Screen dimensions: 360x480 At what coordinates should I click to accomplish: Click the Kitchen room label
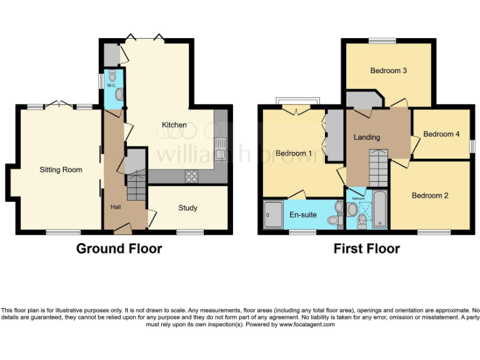pyautogui.click(x=174, y=125)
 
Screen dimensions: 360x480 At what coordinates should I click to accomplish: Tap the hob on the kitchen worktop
pyautogui.click(x=191, y=176)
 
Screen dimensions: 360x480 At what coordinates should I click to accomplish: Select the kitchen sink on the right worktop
pyautogui.click(x=220, y=149)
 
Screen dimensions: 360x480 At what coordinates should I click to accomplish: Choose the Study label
pyautogui.click(x=187, y=208)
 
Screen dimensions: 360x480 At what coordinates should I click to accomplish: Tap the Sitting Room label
pyautogui.click(x=61, y=169)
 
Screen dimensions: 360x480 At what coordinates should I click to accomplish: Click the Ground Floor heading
pyautogui.click(x=119, y=249)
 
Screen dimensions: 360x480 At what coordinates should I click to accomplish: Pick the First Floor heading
pyautogui.click(x=366, y=249)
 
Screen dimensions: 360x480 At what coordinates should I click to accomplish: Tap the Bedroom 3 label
pyautogui.click(x=389, y=71)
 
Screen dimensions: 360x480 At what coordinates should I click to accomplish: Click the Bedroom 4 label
pyautogui.click(x=441, y=134)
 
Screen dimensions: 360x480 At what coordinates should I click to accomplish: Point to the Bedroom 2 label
pyautogui.click(x=430, y=196)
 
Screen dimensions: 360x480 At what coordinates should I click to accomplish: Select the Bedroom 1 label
pyautogui.click(x=294, y=153)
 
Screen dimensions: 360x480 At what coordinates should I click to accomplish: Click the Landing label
pyautogui.click(x=367, y=137)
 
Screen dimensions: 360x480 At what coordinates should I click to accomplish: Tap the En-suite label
pyautogui.click(x=303, y=215)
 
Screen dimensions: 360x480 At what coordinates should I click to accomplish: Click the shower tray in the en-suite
pyautogui.click(x=272, y=216)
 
